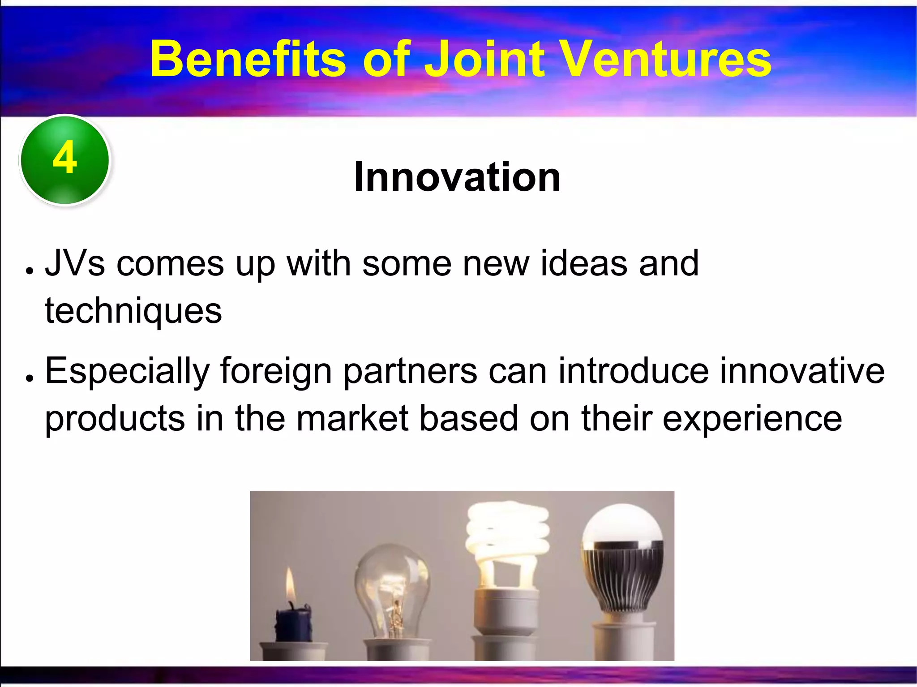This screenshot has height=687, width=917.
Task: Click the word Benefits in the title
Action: click(x=247, y=59)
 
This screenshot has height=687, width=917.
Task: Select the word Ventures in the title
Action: click(x=666, y=59)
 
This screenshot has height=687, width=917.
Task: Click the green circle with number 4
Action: click(x=65, y=159)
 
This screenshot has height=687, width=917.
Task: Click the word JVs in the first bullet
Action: click(x=75, y=263)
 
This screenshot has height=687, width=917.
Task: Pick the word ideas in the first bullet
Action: click(x=583, y=263)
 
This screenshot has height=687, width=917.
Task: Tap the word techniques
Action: click(x=133, y=310)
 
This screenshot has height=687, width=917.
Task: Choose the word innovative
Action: click(x=802, y=371)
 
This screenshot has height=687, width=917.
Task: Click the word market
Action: click(x=352, y=418)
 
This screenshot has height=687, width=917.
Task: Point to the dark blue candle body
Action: click(x=293, y=625)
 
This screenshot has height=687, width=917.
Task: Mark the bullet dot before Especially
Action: click(x=30, y=378)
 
